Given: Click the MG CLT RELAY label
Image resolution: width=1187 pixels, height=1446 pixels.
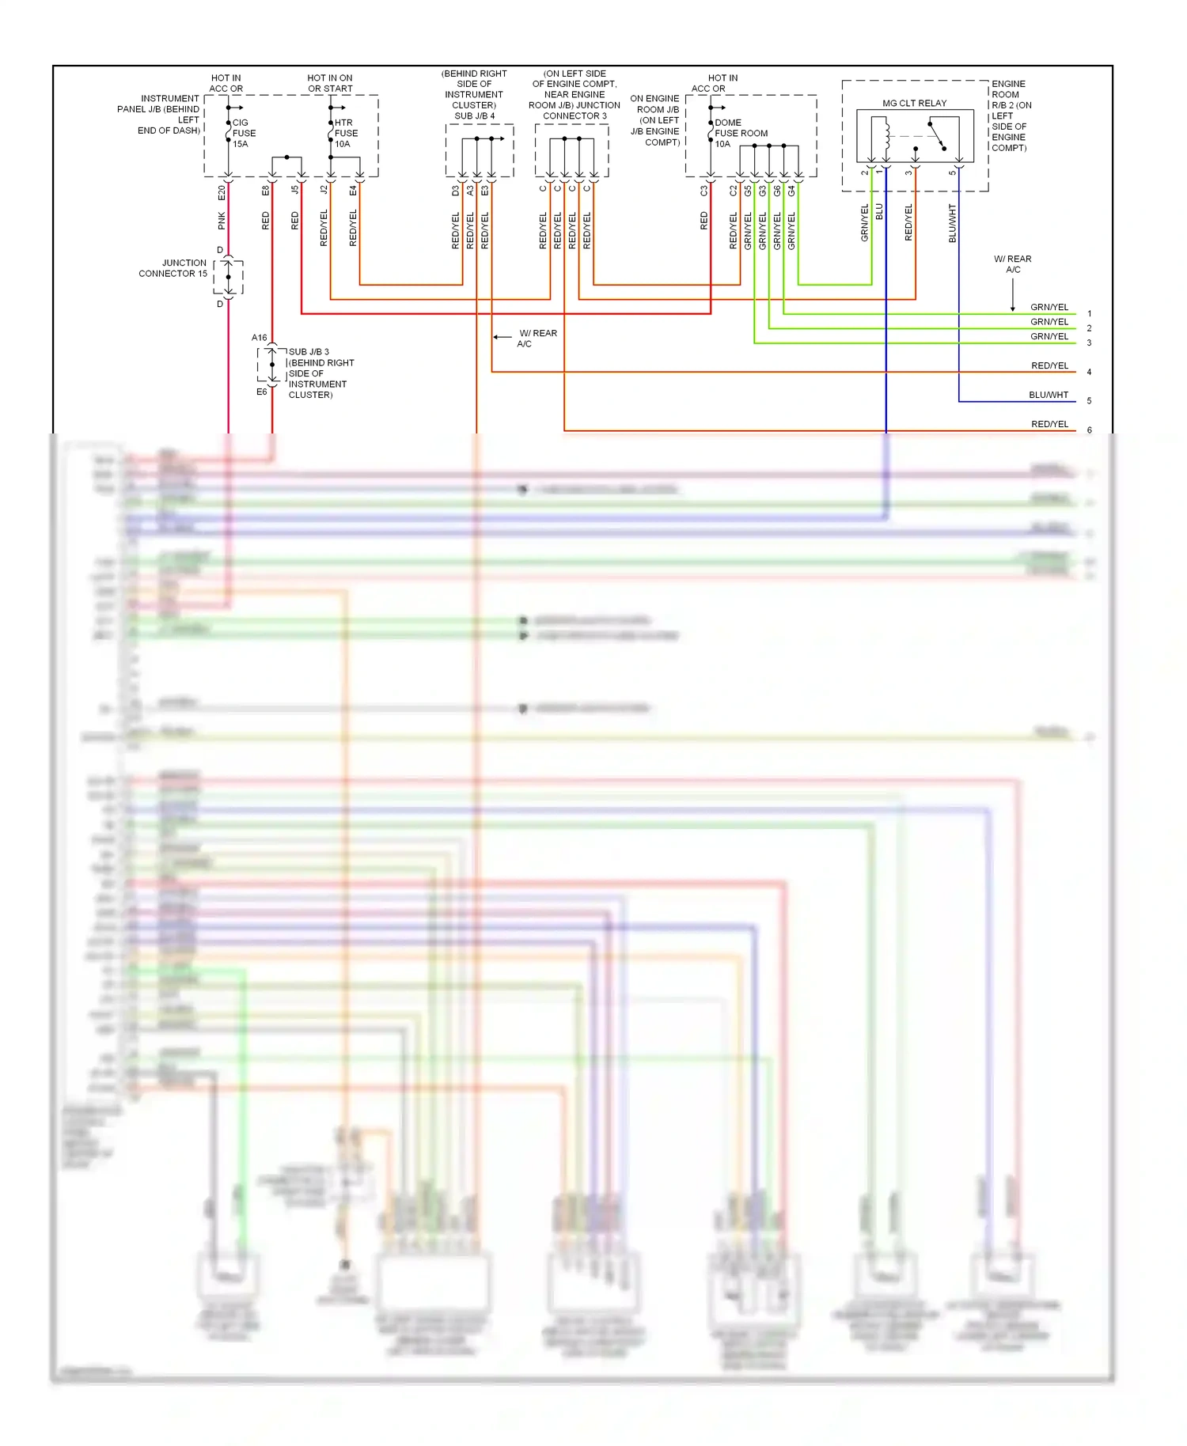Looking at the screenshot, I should click(914, 103).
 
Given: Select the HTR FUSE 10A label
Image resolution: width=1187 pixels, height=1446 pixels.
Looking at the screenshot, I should click(346, 133).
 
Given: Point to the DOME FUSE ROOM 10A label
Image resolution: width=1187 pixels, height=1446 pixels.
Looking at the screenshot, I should click(740, 133).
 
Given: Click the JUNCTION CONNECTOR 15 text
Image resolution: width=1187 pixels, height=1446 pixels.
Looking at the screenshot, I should click(173, 268).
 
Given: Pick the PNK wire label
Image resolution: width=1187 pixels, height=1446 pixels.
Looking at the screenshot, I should click(222, 221).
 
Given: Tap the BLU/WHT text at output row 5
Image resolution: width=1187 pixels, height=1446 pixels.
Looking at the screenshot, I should click(1049, 395).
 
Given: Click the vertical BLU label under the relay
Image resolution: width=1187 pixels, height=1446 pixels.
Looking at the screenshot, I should click(879, 212).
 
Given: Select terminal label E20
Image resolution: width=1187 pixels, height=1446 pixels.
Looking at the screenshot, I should click(222, 191).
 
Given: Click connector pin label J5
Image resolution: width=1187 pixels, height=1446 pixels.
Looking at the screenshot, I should click(295, 190).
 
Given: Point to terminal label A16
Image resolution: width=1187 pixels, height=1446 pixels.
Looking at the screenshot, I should click(260, 338).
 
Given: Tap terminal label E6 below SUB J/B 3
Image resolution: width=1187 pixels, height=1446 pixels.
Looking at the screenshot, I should click(261, 392).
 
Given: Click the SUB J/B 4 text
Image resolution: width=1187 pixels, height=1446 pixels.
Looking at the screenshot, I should click(474, 115).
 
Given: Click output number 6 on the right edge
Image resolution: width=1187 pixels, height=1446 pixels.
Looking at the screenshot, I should click(1089, 430).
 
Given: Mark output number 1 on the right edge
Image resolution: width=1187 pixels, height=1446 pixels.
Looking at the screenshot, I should click(1089, 314).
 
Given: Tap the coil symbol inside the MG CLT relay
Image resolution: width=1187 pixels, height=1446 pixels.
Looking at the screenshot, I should click(886, 134).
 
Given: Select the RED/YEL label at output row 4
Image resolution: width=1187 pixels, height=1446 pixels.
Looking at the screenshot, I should click(1049, 365).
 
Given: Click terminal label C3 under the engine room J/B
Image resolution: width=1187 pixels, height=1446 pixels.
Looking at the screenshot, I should click(703, 191).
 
